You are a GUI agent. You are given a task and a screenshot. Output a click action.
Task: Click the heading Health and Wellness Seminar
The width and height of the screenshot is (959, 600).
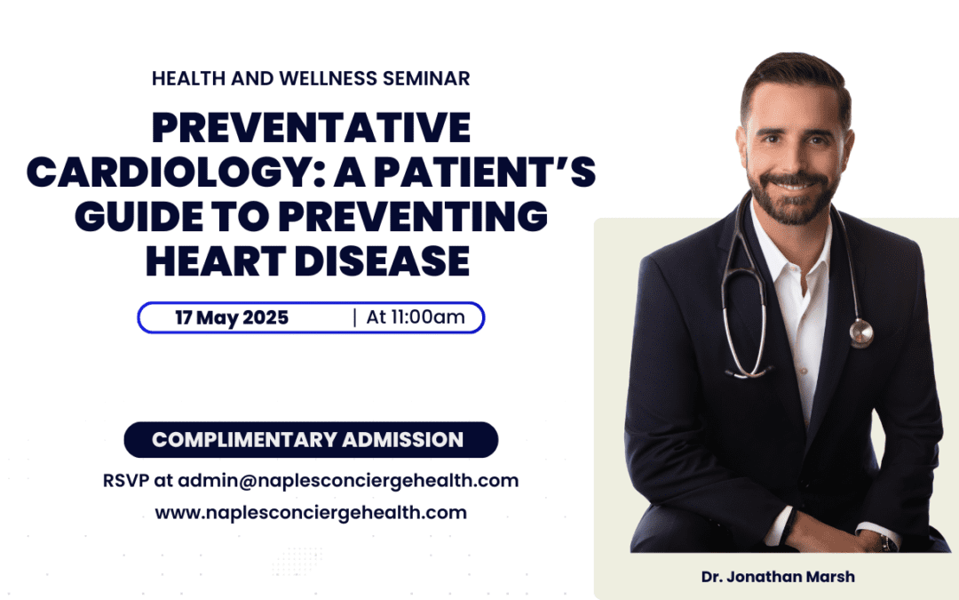(x=311, y=78)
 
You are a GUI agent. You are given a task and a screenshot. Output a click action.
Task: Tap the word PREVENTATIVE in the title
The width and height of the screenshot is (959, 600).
(x=311, y=127)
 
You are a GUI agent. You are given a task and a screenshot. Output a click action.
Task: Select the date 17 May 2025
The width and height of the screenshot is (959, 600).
(x=231, y=317)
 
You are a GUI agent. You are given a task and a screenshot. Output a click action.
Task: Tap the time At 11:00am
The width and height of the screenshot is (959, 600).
(x=416, y=317)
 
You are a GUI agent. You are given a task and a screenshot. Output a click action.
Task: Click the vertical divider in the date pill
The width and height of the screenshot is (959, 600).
(x=354, y=317)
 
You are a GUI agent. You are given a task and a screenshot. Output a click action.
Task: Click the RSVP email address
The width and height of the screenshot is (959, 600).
(x=348, y=481)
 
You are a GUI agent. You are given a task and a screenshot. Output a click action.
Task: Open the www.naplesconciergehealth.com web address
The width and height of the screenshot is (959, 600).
(x=311, y=513)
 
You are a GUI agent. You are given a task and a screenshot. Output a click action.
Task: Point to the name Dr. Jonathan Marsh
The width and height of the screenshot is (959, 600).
(x=778, y=577)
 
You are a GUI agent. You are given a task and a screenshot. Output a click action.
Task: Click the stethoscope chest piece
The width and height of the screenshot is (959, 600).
(x=861, y=333)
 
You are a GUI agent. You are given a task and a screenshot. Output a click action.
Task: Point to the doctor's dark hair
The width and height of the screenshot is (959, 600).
(x=796, y=76)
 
